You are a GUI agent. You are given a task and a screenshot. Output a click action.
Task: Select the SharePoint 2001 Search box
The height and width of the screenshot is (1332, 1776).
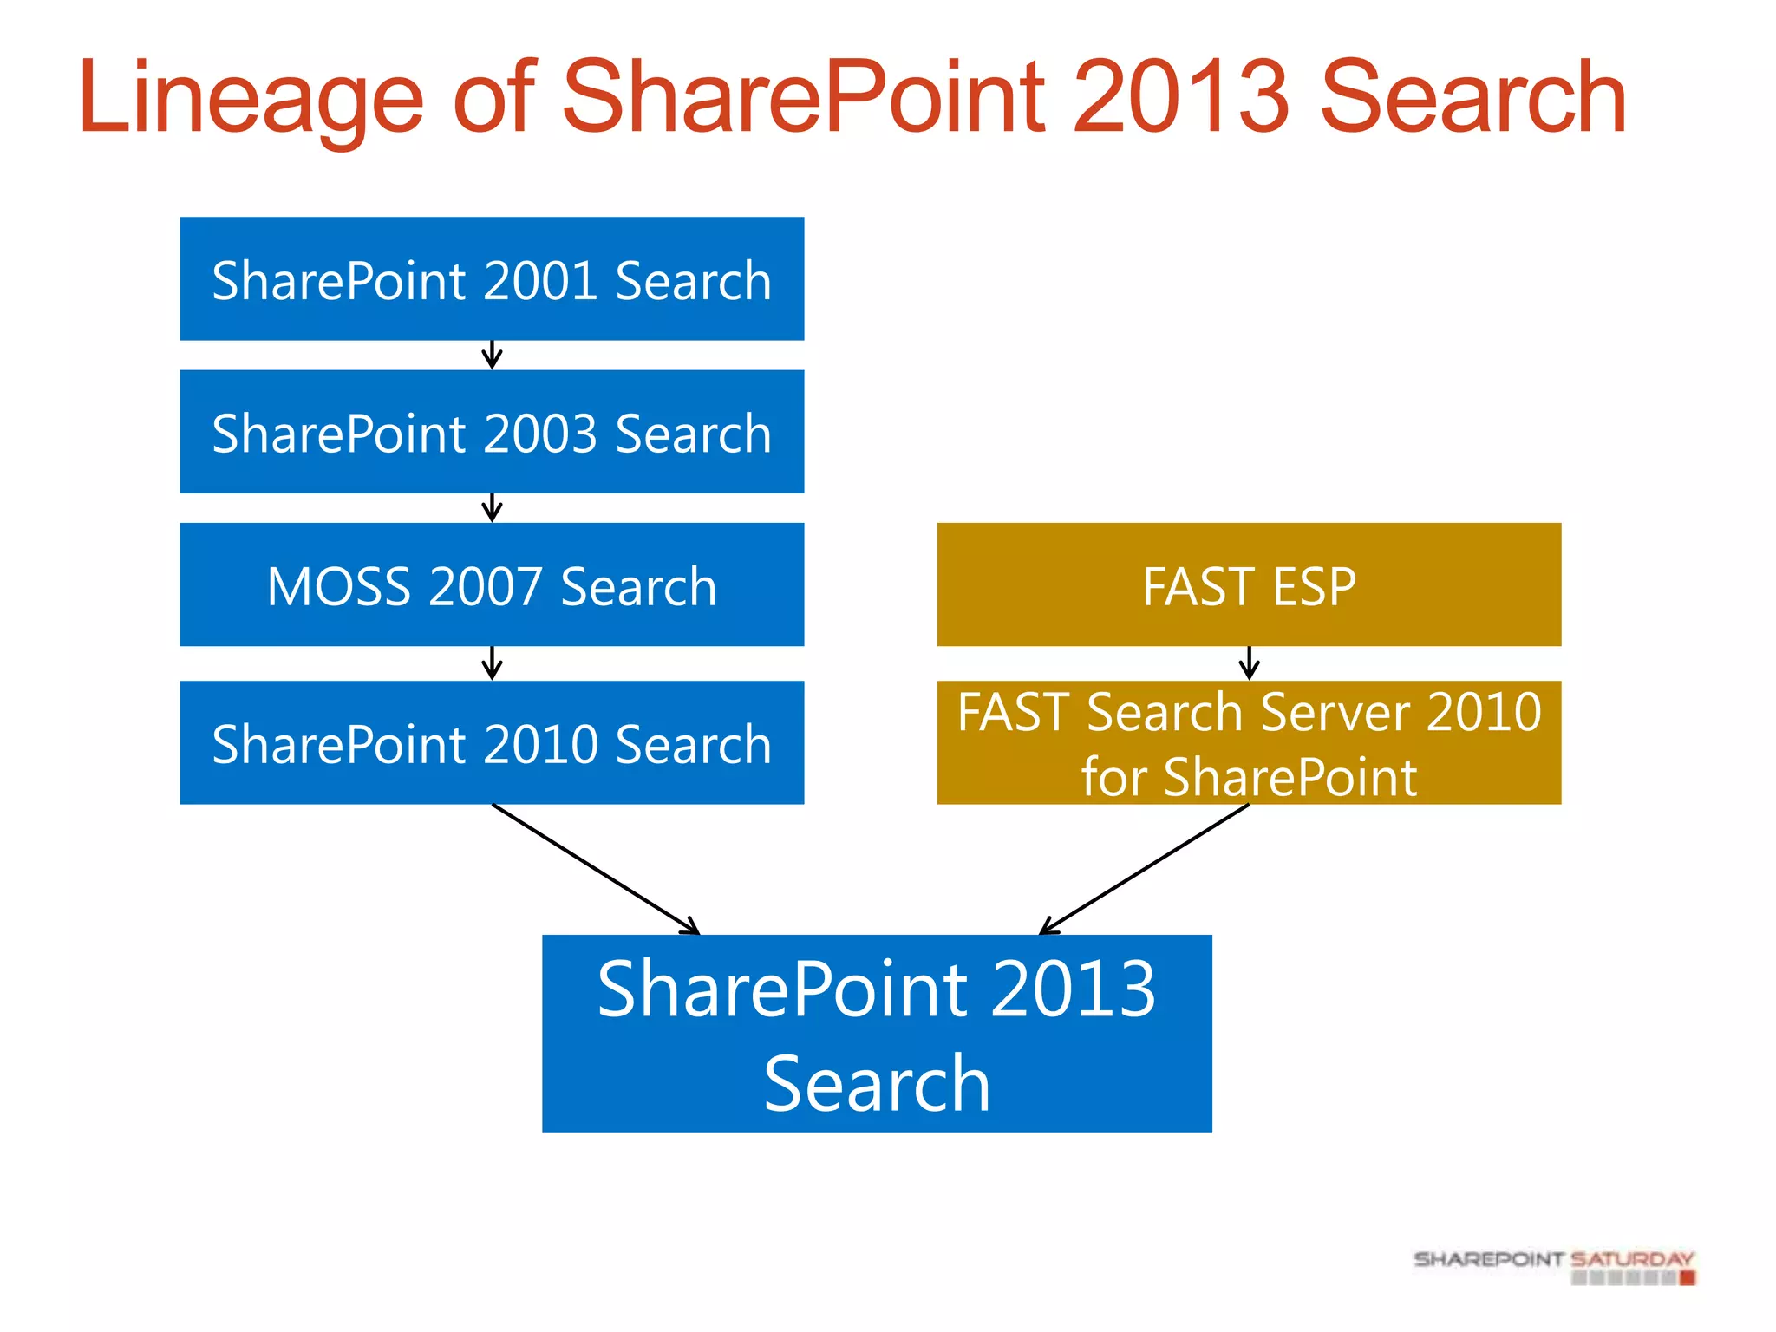[x=492, y=278]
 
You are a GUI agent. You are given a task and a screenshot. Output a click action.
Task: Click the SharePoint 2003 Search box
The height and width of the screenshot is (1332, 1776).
[x=492, y=432]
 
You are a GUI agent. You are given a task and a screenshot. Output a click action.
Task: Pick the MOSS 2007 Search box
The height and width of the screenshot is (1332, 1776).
[x=492, y=584]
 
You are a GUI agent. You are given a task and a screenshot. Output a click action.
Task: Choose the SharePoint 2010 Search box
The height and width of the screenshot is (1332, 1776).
[x=492, y=743]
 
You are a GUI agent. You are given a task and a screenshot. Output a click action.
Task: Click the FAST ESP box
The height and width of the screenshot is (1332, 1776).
[x=1249, y=584]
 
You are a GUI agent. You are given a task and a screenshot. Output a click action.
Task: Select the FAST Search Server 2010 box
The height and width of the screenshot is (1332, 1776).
[x=1249, y=743]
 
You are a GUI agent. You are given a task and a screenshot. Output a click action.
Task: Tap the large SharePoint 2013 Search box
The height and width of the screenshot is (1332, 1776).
[x=877, y=1034]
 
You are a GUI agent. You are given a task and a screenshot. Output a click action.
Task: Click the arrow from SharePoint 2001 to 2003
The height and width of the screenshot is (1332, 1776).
[x=492, y=355]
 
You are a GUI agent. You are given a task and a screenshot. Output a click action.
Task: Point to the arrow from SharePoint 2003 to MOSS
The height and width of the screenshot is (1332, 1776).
[x=492, y=508]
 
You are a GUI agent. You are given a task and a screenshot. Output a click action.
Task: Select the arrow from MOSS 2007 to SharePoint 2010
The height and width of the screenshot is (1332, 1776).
[x=492, y=663]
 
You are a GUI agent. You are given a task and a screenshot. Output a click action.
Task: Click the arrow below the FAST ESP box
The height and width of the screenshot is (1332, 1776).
[x=1249, y=663]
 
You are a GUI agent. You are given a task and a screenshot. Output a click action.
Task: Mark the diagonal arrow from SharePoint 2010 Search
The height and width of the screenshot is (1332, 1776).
[x=597, y=870]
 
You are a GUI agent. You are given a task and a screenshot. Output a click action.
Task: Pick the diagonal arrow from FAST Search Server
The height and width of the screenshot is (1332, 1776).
[x=1145, y=870]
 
